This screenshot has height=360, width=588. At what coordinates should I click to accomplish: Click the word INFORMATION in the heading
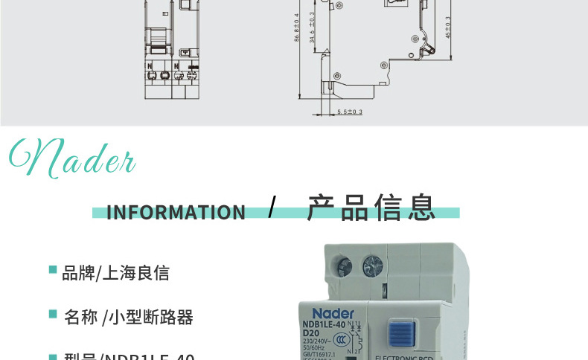point(176,213)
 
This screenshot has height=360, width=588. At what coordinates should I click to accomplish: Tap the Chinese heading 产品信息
point(371,208)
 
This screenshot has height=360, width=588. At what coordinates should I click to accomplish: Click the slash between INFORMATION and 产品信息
point(272,208)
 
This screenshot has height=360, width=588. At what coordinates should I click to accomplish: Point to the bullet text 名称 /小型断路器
point(128,318)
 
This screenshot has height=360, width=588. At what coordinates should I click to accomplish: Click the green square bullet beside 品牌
point(53,269)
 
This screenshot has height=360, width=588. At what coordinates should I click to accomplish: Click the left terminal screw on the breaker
point(345,266)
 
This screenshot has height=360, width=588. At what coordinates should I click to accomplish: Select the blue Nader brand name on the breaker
point(333,314)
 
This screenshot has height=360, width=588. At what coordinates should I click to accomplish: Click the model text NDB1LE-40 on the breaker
point(324,324)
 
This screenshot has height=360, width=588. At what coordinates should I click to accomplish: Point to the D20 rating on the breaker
point(311,332)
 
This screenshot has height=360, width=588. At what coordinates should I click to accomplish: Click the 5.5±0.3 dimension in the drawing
point(350,112)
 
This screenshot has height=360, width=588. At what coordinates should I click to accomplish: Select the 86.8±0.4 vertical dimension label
point(297,28)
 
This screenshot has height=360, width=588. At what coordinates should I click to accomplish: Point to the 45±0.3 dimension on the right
point(448,28)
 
